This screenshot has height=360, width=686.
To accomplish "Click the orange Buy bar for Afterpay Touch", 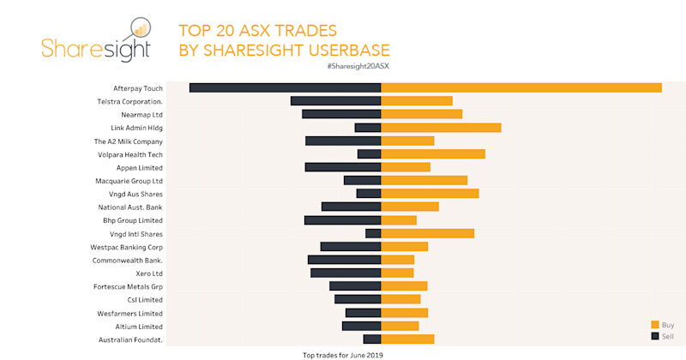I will click(521, 87).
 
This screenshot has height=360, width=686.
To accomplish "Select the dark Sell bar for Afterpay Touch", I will click(285, 87).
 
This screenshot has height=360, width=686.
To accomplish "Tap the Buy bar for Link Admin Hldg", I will click(441, 128).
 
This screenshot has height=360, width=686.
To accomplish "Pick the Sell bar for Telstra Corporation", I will click(335, 101).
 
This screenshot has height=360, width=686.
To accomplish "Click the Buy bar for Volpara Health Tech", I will click(433, 154).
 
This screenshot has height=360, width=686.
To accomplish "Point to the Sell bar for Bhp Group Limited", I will click(342, 220).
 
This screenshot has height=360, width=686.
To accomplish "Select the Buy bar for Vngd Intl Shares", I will click(428, 233).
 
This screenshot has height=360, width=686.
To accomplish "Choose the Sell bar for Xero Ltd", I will click(346, 273).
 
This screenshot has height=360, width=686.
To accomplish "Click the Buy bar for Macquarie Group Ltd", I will click(424, 181).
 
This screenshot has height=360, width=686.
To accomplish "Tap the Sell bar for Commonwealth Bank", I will click(344, 260).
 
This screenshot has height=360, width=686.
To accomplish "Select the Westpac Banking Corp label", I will click(127, 247).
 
